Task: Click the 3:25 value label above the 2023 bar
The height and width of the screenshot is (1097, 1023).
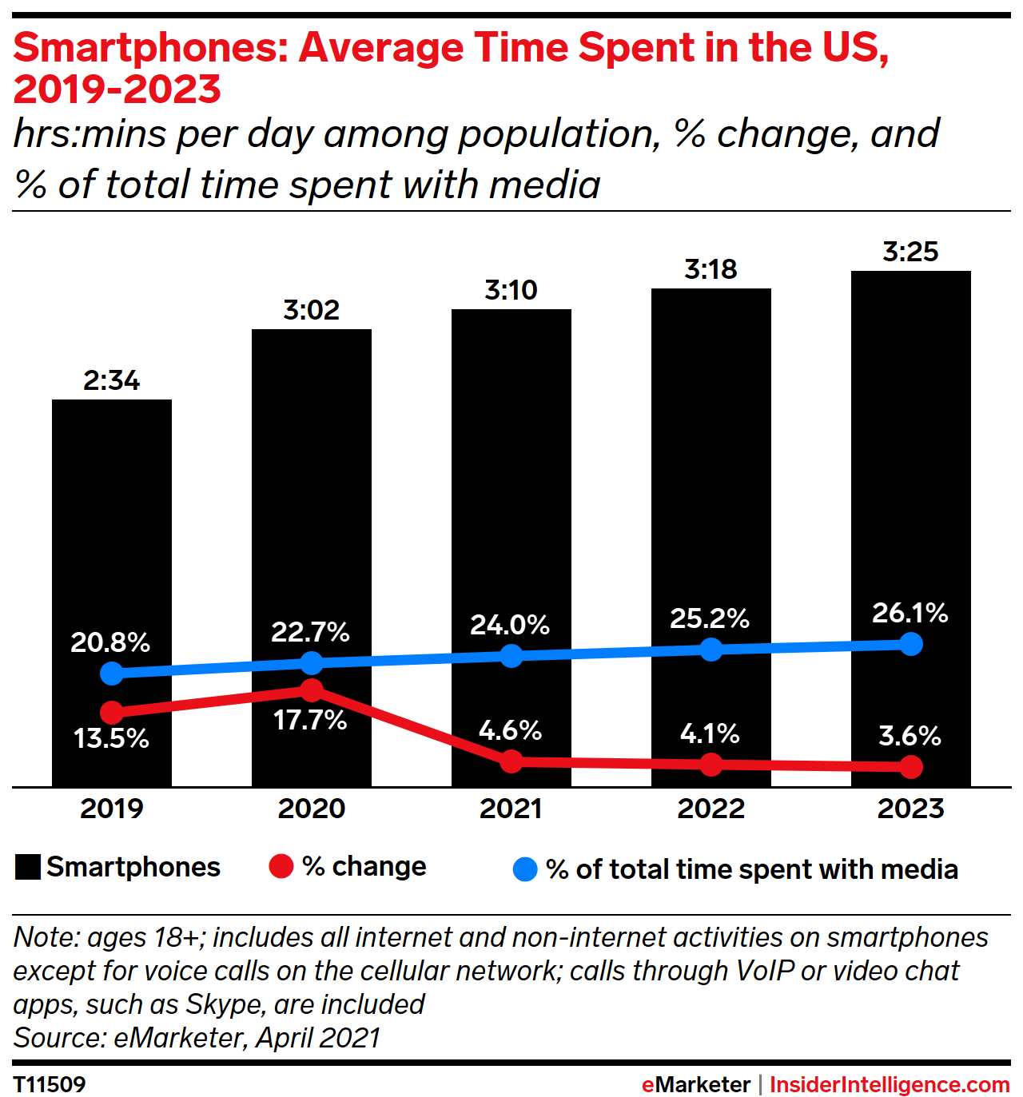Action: coord(910,252)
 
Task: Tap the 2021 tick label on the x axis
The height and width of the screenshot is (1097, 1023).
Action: coord(511,809)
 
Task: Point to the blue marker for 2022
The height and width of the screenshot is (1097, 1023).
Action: coord(711,649)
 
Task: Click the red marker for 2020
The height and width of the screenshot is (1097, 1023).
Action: coord(312,690)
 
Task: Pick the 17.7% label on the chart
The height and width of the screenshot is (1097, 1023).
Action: coord(310,720)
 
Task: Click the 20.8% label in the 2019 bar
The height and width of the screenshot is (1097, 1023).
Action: coord(110,642)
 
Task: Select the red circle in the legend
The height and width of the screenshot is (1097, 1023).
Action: coord(281,867)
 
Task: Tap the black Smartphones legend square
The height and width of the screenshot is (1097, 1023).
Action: coord(28,868)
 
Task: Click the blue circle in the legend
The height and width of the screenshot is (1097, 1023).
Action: coord(525,869)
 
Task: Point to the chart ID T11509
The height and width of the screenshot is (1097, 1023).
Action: coord(50,1084)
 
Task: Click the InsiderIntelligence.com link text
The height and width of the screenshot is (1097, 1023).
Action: coord(890,1084)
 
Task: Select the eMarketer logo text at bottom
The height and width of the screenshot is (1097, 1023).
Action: coord(695,1084)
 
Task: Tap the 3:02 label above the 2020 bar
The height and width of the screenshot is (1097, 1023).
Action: coord(311,310)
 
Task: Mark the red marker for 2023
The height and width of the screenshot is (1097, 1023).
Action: coord(910,767)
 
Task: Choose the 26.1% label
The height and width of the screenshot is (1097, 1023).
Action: coord(910,613)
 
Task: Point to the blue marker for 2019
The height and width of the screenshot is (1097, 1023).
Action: coord(112,674)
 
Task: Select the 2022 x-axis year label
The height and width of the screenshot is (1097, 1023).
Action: coord(711,809)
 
